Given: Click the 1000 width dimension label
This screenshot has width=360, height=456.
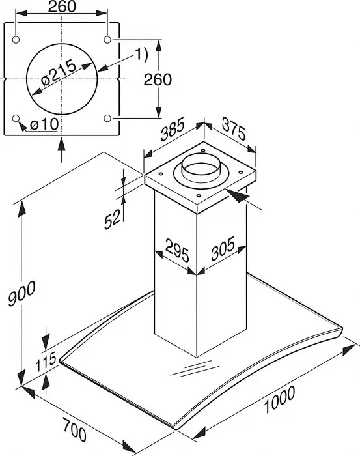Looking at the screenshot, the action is click(x=279, y=399).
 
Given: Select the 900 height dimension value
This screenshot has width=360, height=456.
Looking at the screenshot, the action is click(x=21, y=293).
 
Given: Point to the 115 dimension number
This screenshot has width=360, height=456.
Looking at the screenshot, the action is click(x=46, y=362).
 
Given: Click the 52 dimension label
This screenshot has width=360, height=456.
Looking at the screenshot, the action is click(x=113, y=220).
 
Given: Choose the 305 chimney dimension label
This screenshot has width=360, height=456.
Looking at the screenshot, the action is click(x=223, y=248).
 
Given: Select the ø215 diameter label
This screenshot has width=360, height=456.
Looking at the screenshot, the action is click(x=59, y=73).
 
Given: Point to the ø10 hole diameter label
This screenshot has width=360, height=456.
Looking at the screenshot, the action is click(x=44, y=125).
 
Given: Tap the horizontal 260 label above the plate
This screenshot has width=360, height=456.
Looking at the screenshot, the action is click(x=62, y=7).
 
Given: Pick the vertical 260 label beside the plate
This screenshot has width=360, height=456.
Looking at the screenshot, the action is click(x=158, y=79).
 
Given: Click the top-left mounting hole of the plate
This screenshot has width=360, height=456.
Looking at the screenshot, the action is click(x=16, y=40).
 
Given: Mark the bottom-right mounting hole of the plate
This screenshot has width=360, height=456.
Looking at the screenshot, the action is click(x=107, y=118).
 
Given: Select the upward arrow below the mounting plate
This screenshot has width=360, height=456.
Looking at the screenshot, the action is click(x=62, y=149).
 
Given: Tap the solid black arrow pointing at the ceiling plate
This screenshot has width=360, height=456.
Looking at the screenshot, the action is click(x=239, y=195).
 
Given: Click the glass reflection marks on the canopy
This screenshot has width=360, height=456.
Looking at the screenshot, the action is click(x=195, y=369).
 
